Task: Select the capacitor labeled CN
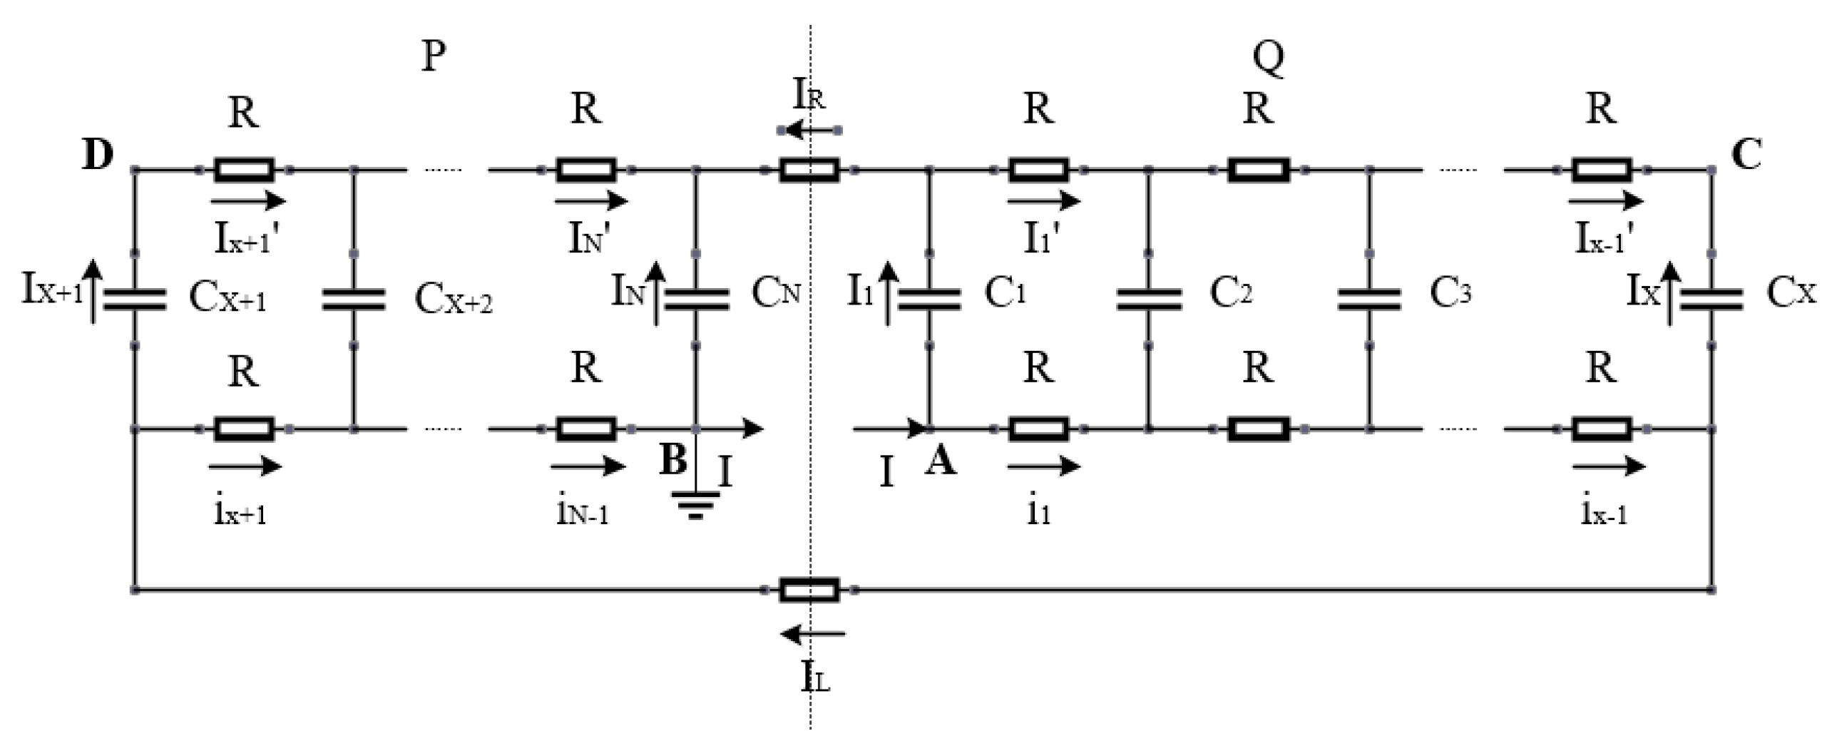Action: tap(696, 299)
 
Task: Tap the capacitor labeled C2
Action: tap(1148, 299)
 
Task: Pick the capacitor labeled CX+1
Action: tap(134, 299)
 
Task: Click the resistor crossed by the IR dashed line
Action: tap(809, 170)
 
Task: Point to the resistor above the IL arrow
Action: tap(809, 590)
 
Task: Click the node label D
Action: tap(98, 155)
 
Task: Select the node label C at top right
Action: tap(1746, 155)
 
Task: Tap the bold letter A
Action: tap(941, 462)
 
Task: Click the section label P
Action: tap(434, 55)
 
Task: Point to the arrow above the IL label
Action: tap(813, 633)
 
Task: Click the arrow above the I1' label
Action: tap(1043, 201)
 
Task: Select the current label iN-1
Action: tap(582, 513)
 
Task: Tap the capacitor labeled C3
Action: tap(1369, 299)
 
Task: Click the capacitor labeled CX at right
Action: tap(1711, 299)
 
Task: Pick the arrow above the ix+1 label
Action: tap(245, 466)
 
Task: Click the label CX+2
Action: tap(454, 300)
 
